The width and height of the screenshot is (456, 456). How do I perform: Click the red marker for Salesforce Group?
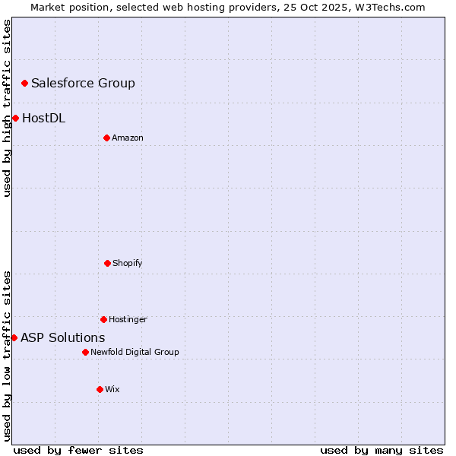tap(24, 83)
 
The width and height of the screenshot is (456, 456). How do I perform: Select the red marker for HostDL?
tap(15, 118)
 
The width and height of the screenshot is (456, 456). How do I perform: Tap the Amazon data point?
tap(106, 138)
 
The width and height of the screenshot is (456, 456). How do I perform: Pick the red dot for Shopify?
tap(107, 263)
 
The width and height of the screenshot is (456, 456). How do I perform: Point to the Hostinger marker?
tap(103, 319)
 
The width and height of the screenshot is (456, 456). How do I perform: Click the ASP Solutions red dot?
tap(14, 337)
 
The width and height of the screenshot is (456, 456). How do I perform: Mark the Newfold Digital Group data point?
tap(85, 352)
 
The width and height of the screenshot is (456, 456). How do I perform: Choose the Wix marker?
tap(100, 389)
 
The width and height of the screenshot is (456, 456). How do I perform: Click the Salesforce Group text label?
tap(83, 83)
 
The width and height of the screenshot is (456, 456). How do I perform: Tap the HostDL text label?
tap(43, 118)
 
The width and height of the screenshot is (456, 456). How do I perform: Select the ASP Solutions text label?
tap(62, 337)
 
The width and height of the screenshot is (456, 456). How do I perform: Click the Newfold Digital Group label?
tap(135, 352)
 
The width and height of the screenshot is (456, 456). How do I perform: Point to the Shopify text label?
tap(127, 263)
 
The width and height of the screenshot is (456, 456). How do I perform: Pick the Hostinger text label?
tap(128, 319)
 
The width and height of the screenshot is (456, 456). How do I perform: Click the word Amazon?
tap(127, 138)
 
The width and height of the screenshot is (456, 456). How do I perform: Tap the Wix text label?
tap(112, 389)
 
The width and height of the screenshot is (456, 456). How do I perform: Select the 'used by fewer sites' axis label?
tap(78, 450)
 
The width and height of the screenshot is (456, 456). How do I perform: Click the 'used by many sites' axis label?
tap(382, 450)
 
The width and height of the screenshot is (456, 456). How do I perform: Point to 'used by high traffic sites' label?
tap(7, 109)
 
